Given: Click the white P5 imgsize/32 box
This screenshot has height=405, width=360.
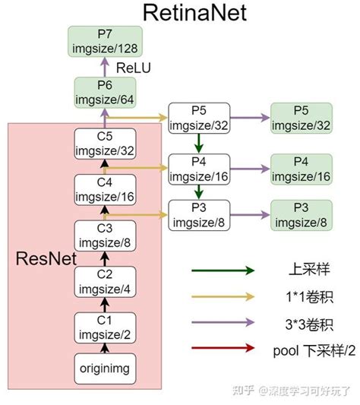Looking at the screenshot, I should (x=198, y=118).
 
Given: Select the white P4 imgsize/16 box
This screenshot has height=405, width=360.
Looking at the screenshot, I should (x=198, y=168).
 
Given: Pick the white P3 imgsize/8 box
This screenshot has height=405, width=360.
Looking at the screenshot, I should (x=198, y=215).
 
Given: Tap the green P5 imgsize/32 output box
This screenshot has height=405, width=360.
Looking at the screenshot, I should (x=302, y=118).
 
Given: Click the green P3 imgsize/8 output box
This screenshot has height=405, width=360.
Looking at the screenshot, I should (x=302, y=215).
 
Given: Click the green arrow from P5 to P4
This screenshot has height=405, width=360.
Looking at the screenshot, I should (x=198, y=143).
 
